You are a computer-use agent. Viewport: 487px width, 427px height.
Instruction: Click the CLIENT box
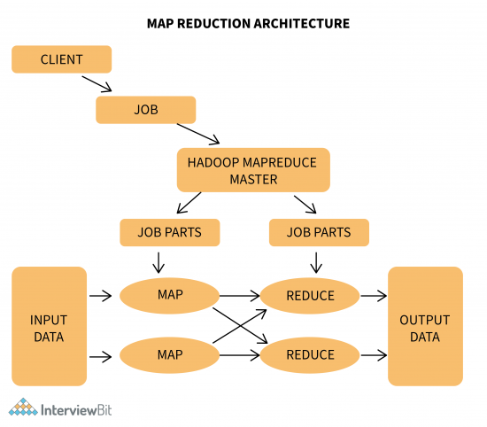tap(61, 59)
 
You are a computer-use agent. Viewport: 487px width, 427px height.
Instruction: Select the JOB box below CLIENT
tap(145, 111)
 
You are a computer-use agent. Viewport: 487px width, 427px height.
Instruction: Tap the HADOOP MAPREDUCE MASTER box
tap(253, 170)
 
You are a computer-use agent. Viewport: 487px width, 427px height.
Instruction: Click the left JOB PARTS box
tap(169, 232)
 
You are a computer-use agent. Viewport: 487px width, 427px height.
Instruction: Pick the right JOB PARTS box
tap(318, 232)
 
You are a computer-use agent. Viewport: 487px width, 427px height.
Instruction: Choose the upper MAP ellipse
tap(169, 295)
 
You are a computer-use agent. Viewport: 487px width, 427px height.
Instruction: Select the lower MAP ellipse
tap(169, 355)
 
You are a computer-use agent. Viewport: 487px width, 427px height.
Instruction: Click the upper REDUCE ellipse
tap(311, 295)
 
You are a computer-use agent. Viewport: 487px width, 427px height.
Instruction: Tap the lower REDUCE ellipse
tap(311, 355)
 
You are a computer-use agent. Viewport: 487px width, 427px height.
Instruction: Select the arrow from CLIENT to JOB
tap(97, 83)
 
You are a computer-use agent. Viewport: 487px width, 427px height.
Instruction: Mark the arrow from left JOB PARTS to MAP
tap(158, 263)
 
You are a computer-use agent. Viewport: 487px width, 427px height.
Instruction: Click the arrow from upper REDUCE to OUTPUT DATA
tap(374, 295)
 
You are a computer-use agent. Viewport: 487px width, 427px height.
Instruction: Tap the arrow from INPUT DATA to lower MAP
tap(103, 355)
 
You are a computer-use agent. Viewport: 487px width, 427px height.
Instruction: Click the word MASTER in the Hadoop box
tap(253, 180)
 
